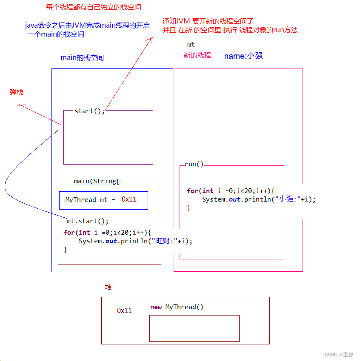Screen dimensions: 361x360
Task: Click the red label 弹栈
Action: point(17,92)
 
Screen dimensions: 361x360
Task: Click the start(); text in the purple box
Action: point(89,111)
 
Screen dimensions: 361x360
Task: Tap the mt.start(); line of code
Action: point(88,221)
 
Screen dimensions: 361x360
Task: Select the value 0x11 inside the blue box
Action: point(129,199)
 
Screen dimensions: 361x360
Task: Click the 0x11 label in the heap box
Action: point(124,310)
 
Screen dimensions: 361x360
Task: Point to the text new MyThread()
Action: point(177,307)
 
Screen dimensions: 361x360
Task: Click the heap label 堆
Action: point(108,287)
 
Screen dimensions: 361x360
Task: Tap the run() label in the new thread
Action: point(194,164)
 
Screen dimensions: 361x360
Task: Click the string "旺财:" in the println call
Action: point(164,241)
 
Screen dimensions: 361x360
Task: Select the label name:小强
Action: point(243,56)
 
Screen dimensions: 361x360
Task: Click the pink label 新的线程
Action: point(197,55)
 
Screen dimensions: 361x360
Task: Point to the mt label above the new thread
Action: point(191,45)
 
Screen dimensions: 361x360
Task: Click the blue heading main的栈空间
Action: point(82,58)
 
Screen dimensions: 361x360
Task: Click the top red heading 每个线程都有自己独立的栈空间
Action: point(93,7)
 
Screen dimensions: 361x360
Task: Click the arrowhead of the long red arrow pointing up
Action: point(150,39)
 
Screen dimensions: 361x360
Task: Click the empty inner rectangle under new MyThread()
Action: point(194,328)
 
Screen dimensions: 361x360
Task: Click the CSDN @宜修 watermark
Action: point(339,355)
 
